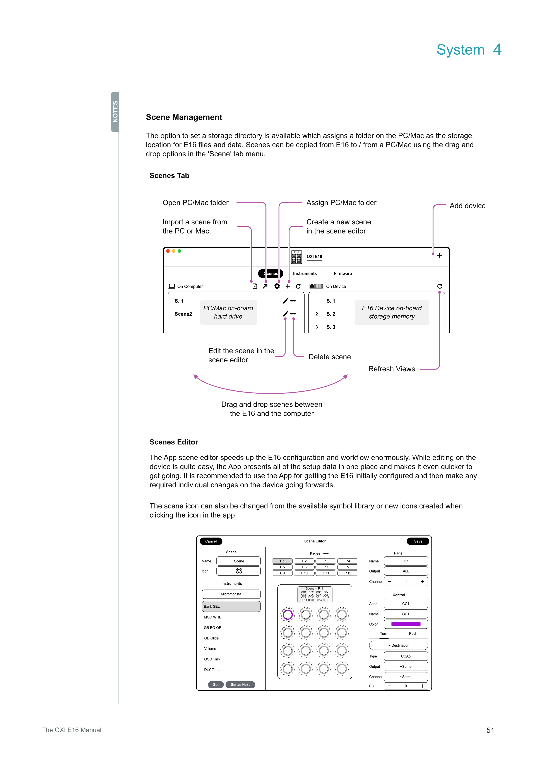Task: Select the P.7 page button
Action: pyautogui.click(x=326, y=567)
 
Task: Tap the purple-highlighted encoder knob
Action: pyautogui.click(x=288, y=615)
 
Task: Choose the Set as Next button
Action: pyautogui.click(x=240, y=685)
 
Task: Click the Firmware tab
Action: pyautogui.click(x=342, y=273)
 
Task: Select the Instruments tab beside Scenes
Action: pyautogui.click(x=305, y=273)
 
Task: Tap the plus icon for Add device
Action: pyautogui.click(x=439, y=255)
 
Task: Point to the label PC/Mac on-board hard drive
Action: pyautogui.click(x=228, y=312)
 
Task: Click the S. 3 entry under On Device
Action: pyautogui.click(x=331, y=327)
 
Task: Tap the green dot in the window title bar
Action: pyautogui.click(x=180, y=251)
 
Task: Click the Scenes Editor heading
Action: pyautogui.click(x=174, y=442)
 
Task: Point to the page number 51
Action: pyautogui.click(x=490, y=730)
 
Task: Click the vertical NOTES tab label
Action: pyautogui.click(x=115, y=112)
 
